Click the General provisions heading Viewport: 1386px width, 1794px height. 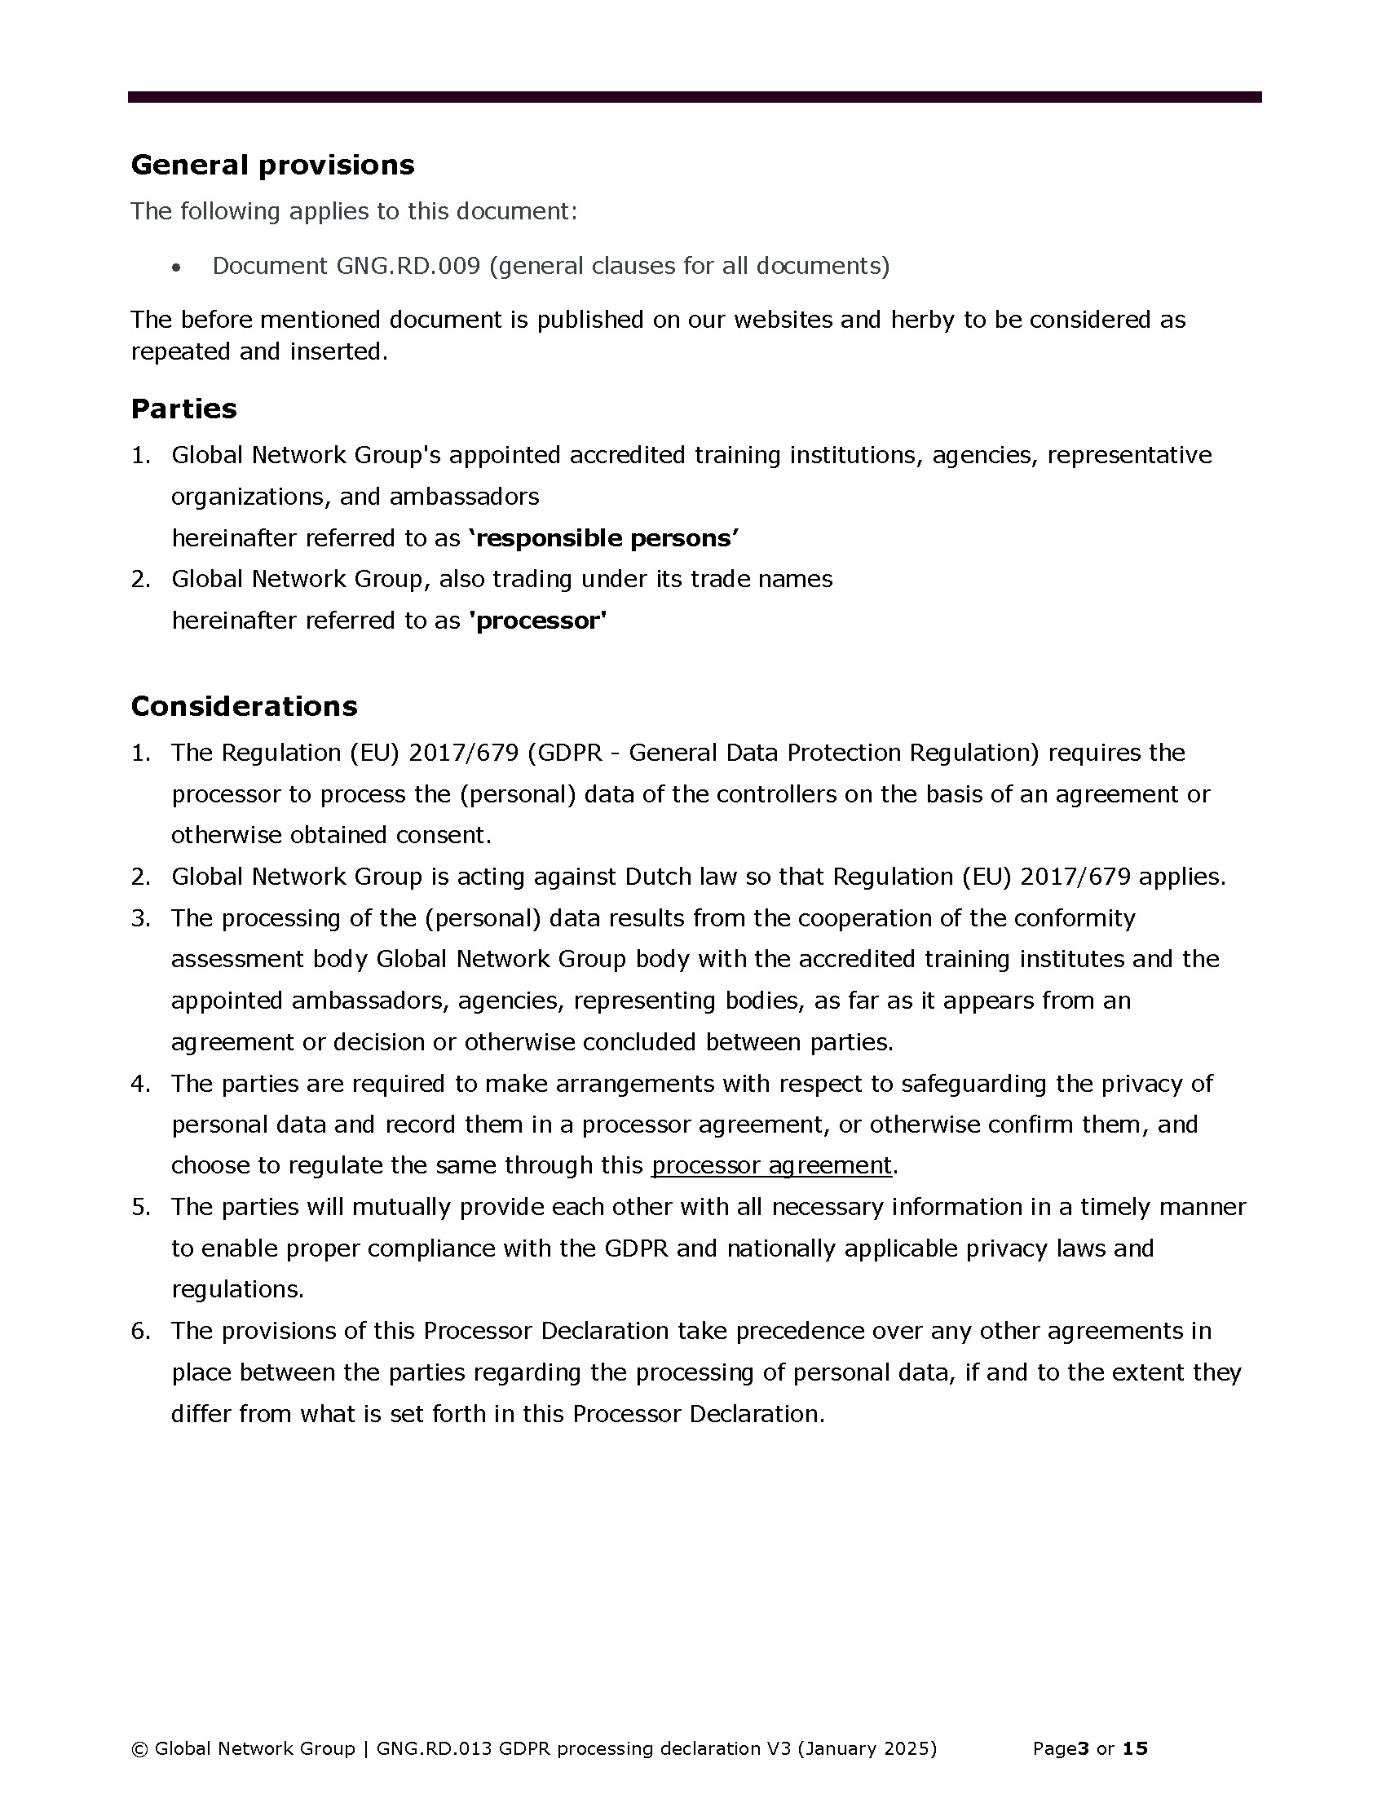click(272, 165)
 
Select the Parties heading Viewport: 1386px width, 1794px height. click(184, 409)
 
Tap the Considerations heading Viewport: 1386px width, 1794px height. click(244, 706)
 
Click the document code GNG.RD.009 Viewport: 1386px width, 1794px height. click(408, 266)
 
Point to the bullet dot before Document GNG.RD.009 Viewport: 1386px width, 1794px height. click(176, 267)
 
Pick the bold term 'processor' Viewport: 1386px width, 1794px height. click(538, 621)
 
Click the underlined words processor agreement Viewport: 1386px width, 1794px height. click(771, 1165)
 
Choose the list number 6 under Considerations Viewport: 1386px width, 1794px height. click(140, 1331)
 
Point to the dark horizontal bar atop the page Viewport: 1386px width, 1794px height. click(694, 97)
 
